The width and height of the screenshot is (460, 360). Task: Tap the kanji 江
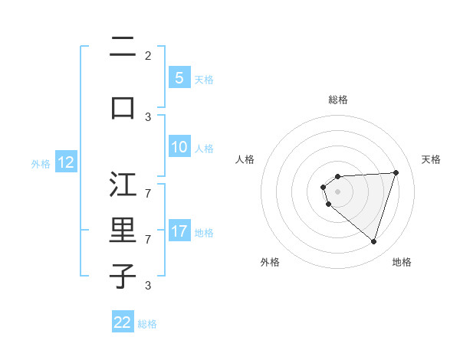[x=123, y=185]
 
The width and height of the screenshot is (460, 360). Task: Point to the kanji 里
[x=123, y=231]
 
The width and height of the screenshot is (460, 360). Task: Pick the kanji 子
[x=123, y=276]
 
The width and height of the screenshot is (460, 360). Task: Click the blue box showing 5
[x=179, y=77]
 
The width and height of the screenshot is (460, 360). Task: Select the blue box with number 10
[x=179, y=147]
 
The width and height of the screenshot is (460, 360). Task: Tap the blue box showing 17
[x=179, y=231]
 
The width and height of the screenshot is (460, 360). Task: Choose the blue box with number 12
[x=65, y=162]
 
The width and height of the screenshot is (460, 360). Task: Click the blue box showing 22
[x=123, y=322]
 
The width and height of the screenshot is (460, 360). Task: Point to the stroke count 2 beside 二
[x=148, y=55]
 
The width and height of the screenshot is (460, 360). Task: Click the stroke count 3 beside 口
[x=148, y=116]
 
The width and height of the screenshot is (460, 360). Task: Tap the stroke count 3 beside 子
[x=148, y=286]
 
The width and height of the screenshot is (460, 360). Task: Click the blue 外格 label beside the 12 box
[x=41, y=163]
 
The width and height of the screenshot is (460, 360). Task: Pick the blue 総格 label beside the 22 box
[x=147, y=324]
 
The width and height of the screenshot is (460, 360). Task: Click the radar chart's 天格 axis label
[x=431, y=159]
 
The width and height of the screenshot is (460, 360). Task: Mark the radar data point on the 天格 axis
[x=396, y=172]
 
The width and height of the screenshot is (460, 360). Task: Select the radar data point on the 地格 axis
[x=373, y=241]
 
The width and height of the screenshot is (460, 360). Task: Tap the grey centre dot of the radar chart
[x=337, y=191]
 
